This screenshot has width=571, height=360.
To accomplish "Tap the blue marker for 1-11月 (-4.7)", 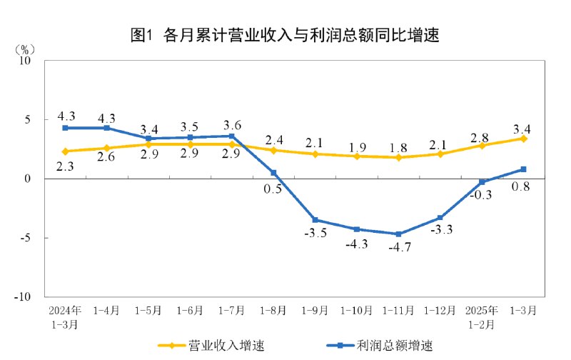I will (398, 234).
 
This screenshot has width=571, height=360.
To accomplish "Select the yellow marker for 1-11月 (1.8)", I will (398, 157).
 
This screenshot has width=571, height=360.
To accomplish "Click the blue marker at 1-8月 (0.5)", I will (273, 172).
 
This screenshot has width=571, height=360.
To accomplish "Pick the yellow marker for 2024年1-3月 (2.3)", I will (65, 151).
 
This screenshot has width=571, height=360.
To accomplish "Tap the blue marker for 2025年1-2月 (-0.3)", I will (482, 182).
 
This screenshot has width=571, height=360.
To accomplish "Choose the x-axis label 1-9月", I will (315, 311).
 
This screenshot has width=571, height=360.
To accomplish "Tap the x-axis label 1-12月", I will (440, 311).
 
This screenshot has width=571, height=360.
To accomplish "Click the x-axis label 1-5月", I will (148, 311).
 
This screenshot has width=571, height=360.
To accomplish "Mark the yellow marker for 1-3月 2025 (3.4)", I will (523, 139).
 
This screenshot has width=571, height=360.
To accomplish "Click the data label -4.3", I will (356, 245).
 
